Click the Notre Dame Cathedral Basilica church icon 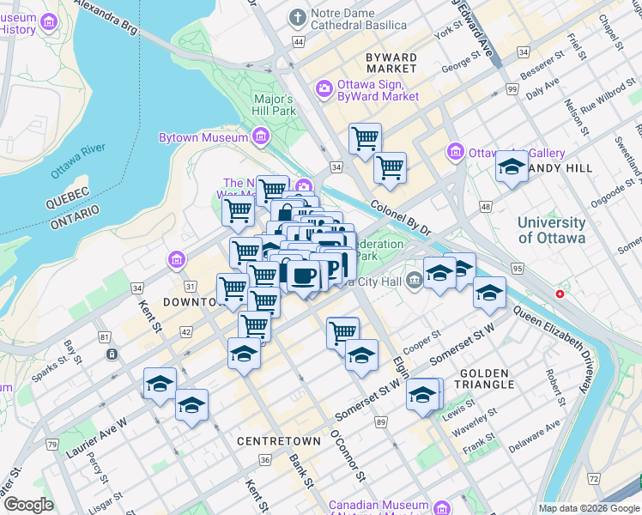(297, 17)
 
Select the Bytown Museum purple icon (261, 136)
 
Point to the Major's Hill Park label (275, 105)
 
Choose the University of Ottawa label (551, 230)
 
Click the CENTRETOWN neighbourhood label (278, 440)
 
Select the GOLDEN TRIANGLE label (487, 379)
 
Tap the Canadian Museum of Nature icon (442, 507)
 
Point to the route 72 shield (593, 477)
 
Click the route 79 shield (52, 445)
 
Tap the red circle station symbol (560, 294)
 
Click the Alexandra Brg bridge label (106, 16)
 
